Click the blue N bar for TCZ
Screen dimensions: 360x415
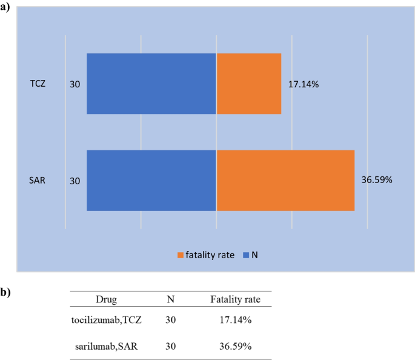click(x=151, y=84)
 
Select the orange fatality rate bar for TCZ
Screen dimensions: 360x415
click(x=248, y=84)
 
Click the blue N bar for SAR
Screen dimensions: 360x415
click(x=151, y=180)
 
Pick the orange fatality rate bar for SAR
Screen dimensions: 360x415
click(x=285, y=180)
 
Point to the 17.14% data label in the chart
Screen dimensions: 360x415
click(x=304, y=84)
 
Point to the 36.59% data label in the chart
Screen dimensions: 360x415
click(x=377, y=181)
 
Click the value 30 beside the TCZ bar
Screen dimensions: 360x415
click(x=75, y=84)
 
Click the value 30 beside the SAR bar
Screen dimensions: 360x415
click(x=75, y=181)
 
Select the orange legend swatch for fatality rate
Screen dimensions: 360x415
click(x=180, y=256)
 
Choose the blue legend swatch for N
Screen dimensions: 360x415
click(x=245, y=256)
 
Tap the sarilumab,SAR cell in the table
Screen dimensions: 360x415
click(x=107, y=346)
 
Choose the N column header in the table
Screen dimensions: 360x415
click(x=171, y=299)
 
